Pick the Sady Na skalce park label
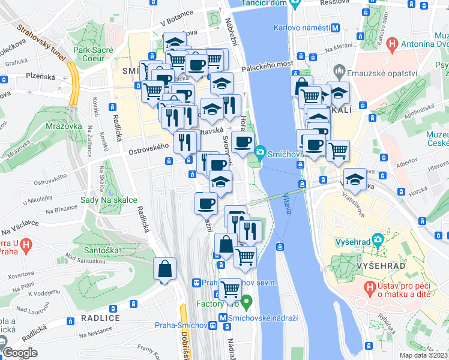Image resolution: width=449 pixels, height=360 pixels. pyautogui.click(x=109, y=200)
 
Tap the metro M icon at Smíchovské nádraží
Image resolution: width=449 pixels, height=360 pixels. pyautogui.click(x=223, y=318)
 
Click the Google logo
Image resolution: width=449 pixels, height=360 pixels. pyautogui.click(x=20, y=353)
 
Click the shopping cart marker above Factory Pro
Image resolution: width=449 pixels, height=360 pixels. pyautogui.click(x=230, y=290)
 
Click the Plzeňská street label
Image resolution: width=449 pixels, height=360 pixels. pyautogui.click(x=40, y=77)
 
